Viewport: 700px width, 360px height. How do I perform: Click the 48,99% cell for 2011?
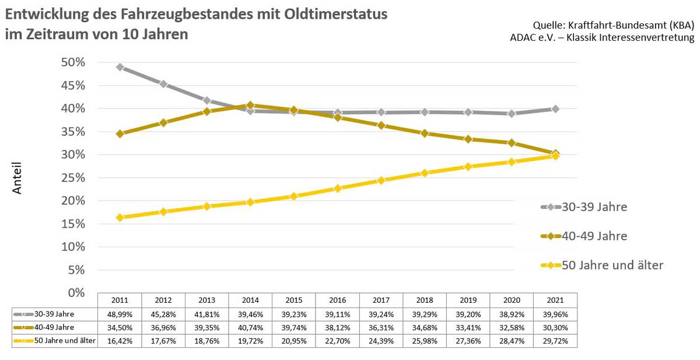click(x=120, y=314)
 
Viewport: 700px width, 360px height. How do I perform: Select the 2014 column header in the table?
click(x=250, y=300)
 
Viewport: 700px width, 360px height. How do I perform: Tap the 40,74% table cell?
click(x=250, y=327)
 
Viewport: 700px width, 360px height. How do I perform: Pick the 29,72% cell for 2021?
click(x=555, y=340)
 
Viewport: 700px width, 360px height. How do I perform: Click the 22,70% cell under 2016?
click(x=337, y=340)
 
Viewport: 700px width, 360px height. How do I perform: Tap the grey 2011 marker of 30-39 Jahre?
click(x=120, y=67)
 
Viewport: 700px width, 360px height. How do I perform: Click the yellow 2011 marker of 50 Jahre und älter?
click(x=120, y=218)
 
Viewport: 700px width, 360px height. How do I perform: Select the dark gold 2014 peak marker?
click(x=250, y=106)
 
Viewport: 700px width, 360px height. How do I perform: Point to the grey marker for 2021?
click(x=555, y=109)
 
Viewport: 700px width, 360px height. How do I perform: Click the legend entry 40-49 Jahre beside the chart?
click(x=594, y=236)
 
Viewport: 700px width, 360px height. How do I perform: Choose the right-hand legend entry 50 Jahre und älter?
click(x=612, y=265)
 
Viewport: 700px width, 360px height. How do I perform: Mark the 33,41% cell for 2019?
click(x=468, y=327)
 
